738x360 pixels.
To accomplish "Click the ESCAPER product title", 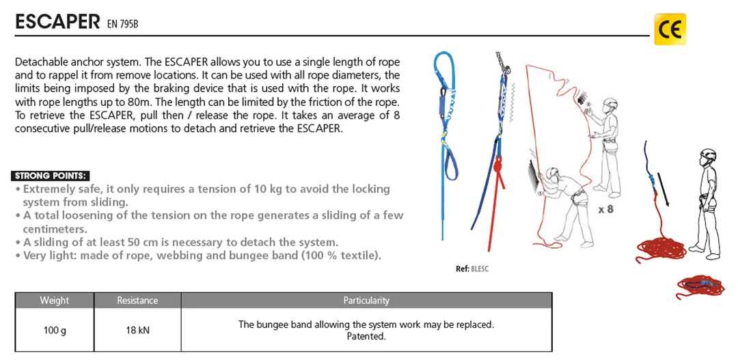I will pyautogui.click(x=58, y=21).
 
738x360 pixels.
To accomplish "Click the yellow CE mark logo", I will pyautogui.click(x=670, y=29).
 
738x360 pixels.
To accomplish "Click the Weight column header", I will pyautogui.click(x=54, y=300).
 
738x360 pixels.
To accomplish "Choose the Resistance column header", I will pyautogui.click(x=137, y=300).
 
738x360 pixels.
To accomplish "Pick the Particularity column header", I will pyautogui.click(x=366, y=300).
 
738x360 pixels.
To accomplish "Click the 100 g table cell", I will pyautogui.click(x=54, y=330).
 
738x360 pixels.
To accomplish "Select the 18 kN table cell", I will pyautogui.click(x=137, y=330).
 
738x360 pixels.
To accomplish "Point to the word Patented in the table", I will pyautogui.click(x=366, y=336).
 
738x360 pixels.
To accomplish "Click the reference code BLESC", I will pyautogui.click(x=480, y=268).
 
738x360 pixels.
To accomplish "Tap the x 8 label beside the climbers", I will pyautogui.click(x=605, y=210).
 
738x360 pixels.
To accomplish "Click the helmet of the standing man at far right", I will pyautogui.click(x=708, y=154).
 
